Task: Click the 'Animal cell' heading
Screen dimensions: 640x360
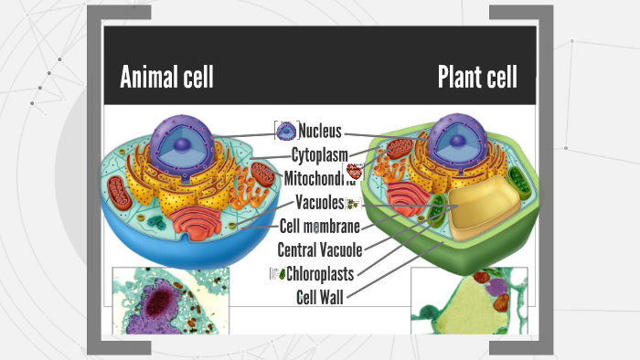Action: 166,78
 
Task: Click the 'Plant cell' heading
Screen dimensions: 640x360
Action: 476,78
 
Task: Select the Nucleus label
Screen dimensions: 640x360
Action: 320,132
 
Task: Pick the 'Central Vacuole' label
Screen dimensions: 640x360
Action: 319,249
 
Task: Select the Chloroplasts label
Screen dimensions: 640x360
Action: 320,272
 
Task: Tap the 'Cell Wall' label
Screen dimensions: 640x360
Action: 320,295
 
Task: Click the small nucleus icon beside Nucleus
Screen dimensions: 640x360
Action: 285,132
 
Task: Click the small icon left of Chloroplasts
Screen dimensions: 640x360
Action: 276,272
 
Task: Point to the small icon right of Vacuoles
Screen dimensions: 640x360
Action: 351,204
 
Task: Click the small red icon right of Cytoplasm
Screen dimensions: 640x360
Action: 355,171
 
